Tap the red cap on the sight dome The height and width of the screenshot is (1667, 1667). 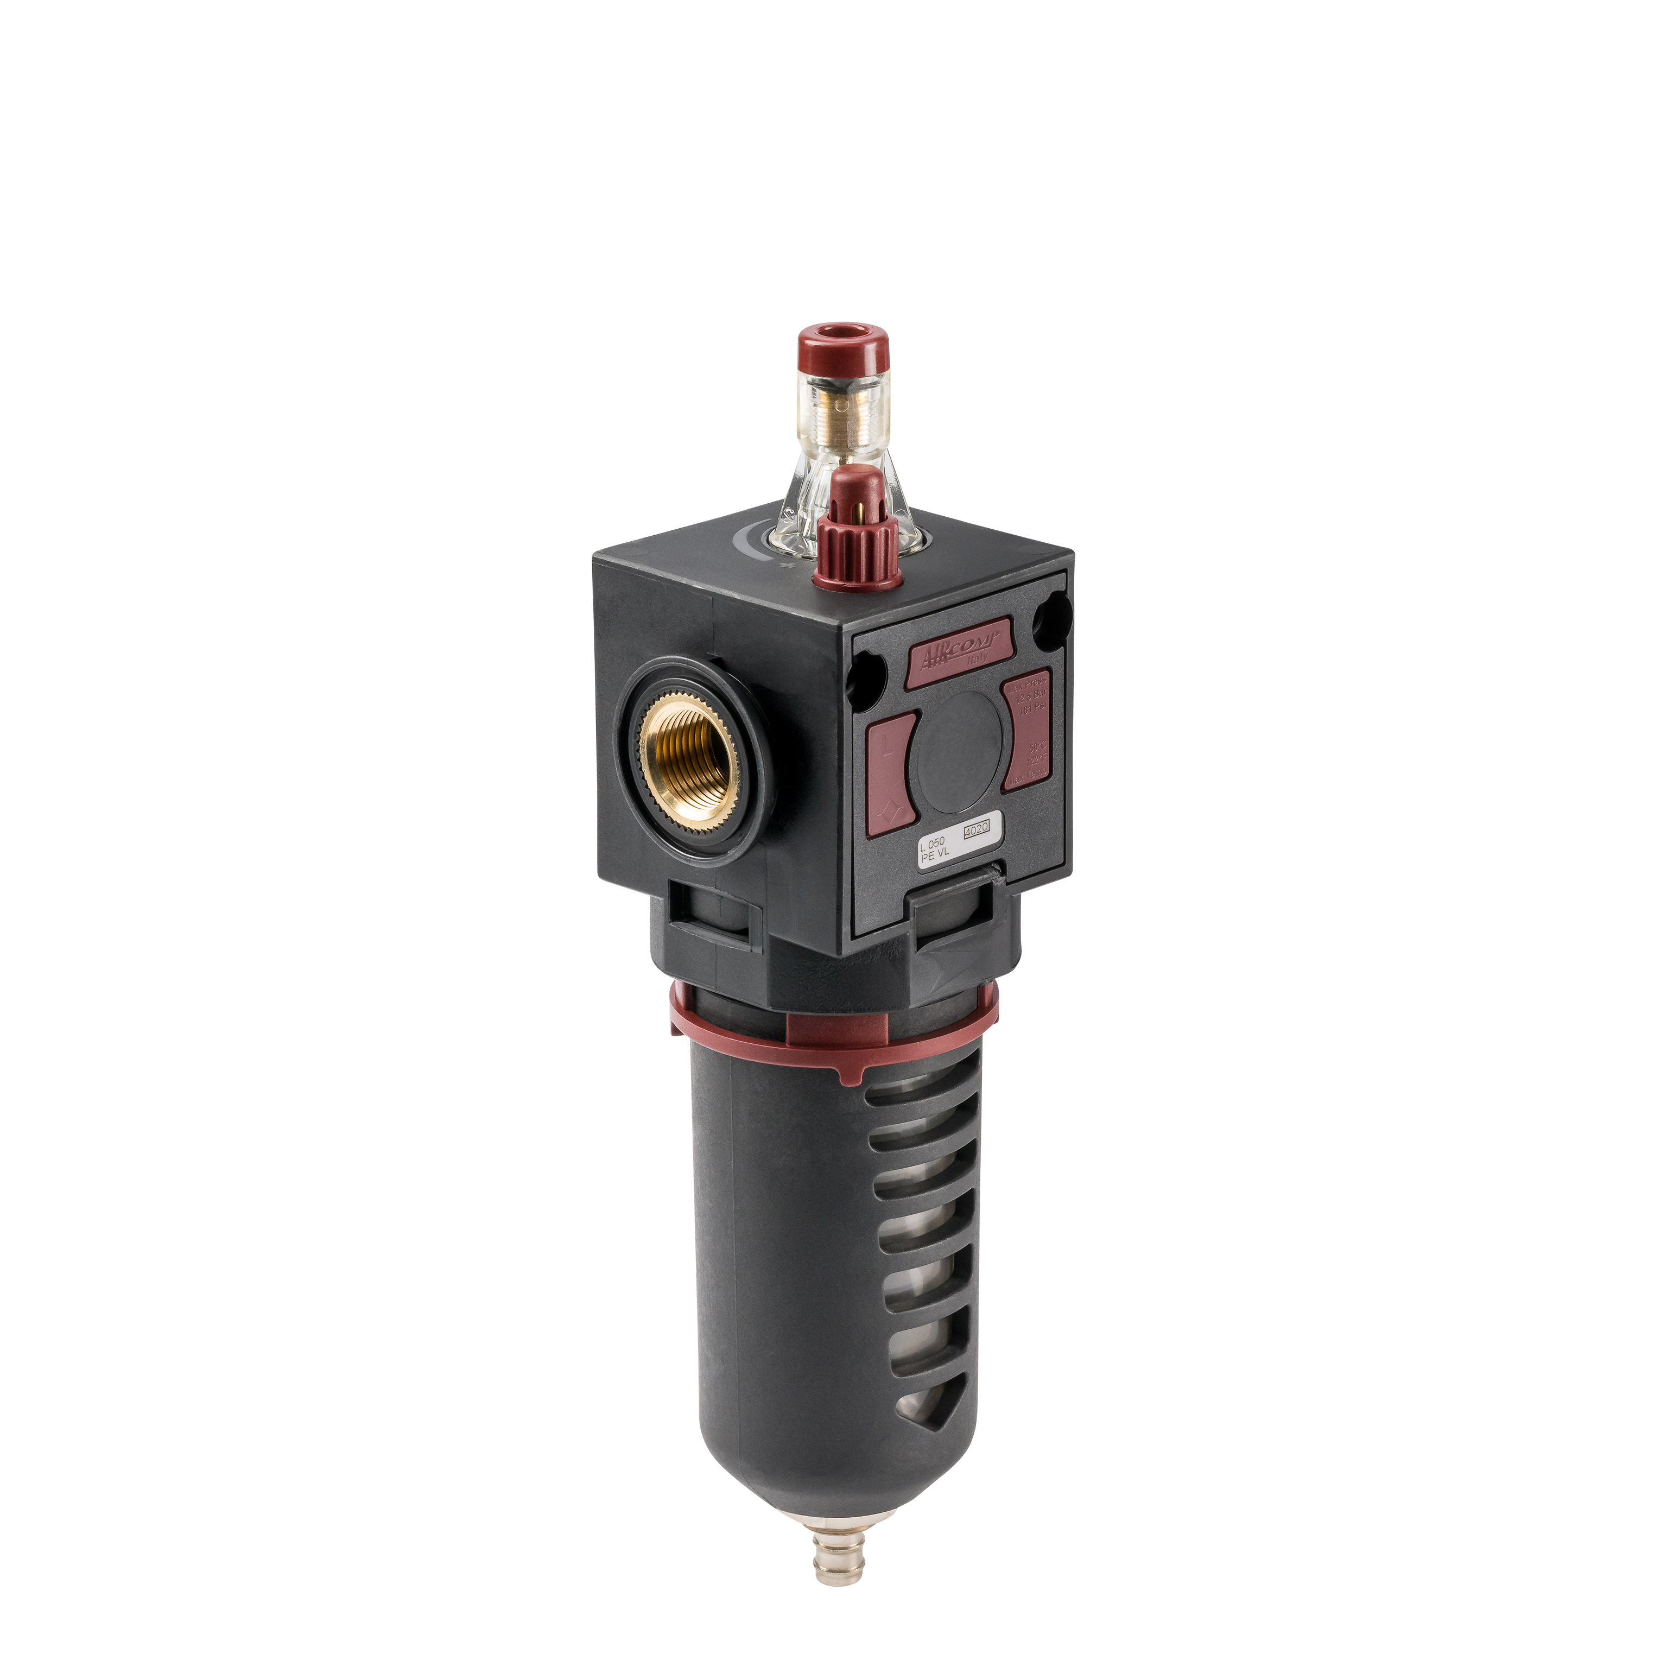point(841,348)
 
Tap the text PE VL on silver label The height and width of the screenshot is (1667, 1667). point(934,855)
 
